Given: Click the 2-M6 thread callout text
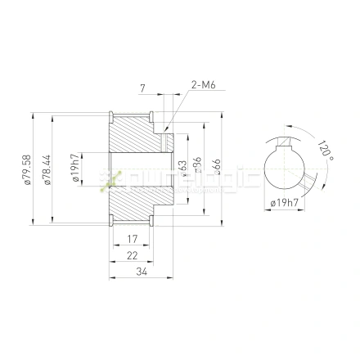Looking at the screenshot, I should coord(202,84).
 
